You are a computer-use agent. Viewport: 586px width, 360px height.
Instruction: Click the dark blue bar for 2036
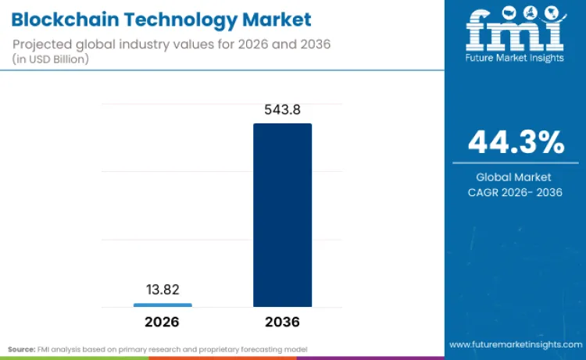click(x=282, y=215)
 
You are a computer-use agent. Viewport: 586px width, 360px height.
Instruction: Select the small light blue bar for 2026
click(x=163, y=305)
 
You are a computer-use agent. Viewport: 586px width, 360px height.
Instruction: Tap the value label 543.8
click(x=282, y=110)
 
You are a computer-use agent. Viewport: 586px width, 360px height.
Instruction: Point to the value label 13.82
click(x=163, y=290)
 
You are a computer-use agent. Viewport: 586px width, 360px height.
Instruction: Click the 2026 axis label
click(x=163, y=322)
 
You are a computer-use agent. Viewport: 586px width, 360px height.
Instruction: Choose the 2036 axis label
click(x=282, y=322)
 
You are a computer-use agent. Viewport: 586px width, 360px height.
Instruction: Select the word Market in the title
click(x=270, y=19)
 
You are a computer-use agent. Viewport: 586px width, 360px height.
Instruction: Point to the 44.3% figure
click(x=516, y=143)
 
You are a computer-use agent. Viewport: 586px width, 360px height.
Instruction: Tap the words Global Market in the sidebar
click(x=515, y=177)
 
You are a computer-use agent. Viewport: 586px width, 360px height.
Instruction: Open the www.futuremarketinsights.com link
click(x=515, y=344)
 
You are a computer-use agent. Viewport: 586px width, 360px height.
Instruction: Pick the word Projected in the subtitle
click(x=42, y=43)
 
